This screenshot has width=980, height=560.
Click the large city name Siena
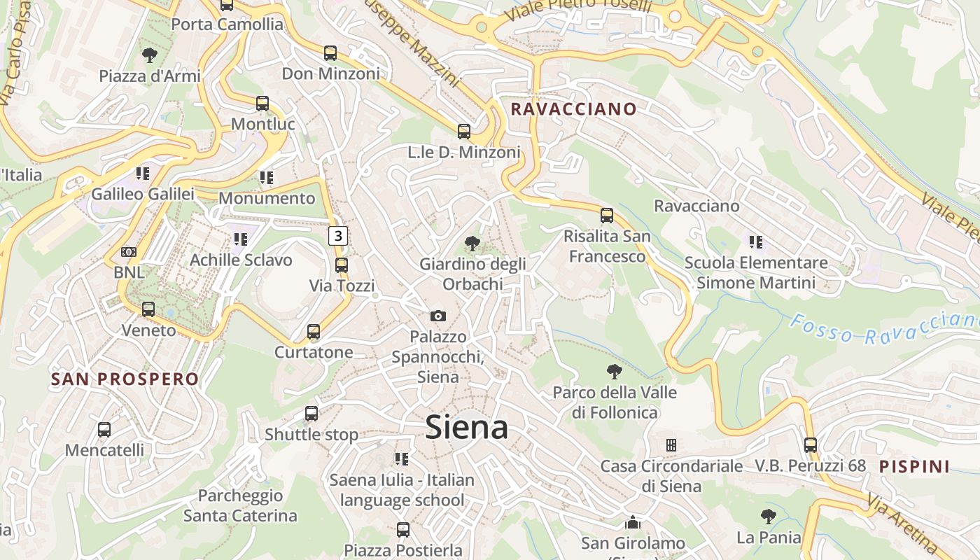467,427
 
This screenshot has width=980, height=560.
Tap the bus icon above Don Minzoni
330,53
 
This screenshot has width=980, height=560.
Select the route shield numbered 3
339,236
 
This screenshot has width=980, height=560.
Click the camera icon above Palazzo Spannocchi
438,316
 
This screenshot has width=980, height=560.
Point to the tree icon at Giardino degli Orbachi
472,244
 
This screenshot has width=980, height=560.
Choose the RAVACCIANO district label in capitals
573,109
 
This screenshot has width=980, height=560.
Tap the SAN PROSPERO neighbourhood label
125,379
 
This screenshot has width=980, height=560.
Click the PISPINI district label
914,466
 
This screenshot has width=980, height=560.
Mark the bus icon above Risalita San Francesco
607,216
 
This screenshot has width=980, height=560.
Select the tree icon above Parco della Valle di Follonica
615,372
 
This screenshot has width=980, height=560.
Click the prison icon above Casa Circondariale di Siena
671,445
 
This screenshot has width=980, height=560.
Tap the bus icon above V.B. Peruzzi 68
811,444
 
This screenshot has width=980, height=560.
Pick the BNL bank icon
129,252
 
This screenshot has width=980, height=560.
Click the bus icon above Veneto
148,309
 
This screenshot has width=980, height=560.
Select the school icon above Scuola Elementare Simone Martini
756,242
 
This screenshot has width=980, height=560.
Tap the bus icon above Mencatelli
104,430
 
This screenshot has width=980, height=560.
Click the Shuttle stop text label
311,435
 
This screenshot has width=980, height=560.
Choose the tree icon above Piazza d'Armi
149,55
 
